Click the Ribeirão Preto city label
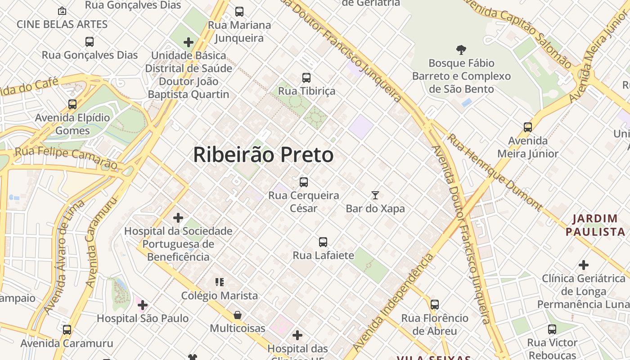263,155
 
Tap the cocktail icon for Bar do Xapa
375,195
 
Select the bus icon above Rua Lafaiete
323,242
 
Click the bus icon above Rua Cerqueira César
304,182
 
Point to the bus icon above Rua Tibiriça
306,78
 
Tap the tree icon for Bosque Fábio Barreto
461,49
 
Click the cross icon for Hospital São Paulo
143,305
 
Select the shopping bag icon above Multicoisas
238,315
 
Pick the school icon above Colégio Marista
220,282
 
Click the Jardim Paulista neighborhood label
595,225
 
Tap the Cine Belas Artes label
62,24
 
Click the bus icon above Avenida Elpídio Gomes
72,104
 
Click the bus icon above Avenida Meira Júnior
528,127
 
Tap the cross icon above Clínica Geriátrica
584,265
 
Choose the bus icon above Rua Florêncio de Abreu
435,305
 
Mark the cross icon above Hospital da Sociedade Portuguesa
178,218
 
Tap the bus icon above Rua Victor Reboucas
552,329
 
